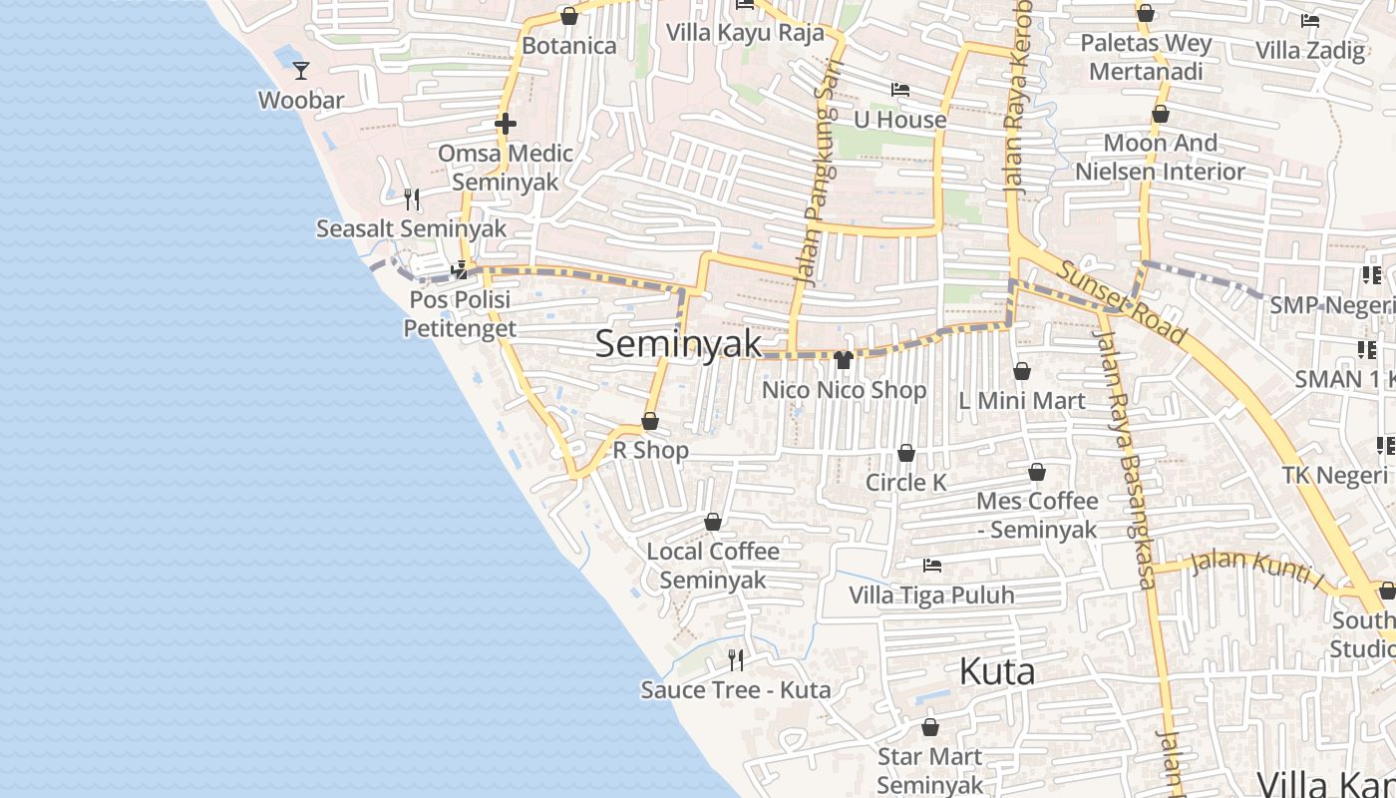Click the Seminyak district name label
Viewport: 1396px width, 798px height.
(678, 344)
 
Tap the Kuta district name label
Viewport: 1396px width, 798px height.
(996, 671)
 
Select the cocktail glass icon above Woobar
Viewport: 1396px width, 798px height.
(301, 70)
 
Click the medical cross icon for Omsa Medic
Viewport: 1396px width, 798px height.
(506, 124)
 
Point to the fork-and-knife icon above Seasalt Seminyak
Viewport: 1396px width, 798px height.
(412, 199)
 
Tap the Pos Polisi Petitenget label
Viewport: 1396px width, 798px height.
(460, 313)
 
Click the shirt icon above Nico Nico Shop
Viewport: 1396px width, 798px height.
(844, 359)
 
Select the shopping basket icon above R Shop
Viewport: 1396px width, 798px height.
(650, 421)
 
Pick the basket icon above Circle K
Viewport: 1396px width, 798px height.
(905, 453)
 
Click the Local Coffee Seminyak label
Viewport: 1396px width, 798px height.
(713, 565)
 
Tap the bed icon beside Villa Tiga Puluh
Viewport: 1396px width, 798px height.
(932, 566)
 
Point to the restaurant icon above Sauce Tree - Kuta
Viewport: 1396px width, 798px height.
(736, 659)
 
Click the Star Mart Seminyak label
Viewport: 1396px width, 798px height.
(929, 770)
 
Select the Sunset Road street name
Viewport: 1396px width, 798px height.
(1122, 302)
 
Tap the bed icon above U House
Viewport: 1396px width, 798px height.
(899, 90)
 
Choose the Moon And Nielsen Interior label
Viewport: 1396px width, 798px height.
(1160, 157)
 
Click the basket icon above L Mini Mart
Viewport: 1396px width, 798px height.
(1022, 372)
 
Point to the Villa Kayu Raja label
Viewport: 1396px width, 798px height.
(745, 32)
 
